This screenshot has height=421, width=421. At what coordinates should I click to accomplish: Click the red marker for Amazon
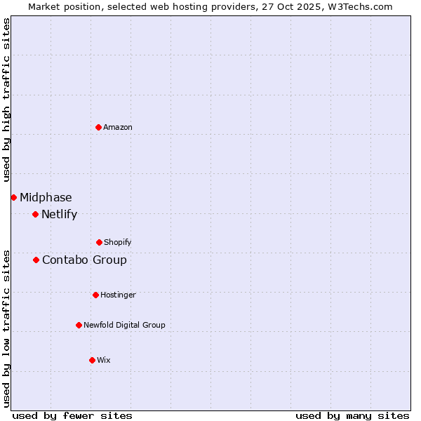98,127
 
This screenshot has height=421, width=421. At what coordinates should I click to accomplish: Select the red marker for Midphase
13,197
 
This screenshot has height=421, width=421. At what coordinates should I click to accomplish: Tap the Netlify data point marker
35,214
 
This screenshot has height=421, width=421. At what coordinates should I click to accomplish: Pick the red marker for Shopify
99,242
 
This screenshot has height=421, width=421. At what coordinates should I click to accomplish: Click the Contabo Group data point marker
36,260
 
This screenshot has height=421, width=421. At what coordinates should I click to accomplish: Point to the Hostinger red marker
95,295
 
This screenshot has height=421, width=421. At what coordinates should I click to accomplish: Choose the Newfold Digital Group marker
79,325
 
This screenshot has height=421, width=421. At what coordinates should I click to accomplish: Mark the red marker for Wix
92,360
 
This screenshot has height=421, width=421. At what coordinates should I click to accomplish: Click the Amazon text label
118,127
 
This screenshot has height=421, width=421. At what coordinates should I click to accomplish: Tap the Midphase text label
46,197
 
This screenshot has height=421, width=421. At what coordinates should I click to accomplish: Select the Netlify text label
59,214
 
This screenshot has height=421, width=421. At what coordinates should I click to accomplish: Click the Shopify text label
118,242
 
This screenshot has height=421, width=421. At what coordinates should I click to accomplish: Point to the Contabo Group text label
84,260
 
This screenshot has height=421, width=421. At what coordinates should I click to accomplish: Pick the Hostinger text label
118,295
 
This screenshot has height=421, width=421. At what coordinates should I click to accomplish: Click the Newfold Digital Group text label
124,325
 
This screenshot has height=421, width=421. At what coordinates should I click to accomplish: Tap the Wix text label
104,360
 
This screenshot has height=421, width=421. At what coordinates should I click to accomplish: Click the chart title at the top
210,6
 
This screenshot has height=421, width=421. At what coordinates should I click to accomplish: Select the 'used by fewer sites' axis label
72,415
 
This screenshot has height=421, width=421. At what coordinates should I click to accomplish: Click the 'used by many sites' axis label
352,415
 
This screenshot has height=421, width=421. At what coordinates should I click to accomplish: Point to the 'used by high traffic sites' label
6,100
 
